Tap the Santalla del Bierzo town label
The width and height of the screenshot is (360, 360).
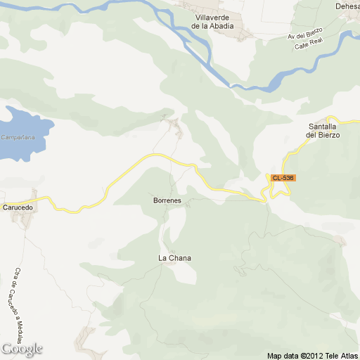pyautogui.click(x=324, y=131)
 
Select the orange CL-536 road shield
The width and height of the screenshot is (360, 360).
pyautogui.click(x=282, y=178)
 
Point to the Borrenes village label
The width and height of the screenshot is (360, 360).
pyautogui.click(x=167, y=201)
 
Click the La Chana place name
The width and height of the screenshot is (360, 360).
pyautogui.click(x=174, y=258)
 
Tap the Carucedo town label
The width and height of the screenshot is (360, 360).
pyautogui.click(x=18, y=208)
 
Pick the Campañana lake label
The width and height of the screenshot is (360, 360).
pyautogui.click(x=18, y=137)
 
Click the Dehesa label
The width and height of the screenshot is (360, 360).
pyautogui.click(x=347, y=6)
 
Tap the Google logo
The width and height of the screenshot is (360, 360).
pyautogui.click(x=22, y=349)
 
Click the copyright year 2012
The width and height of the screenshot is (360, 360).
pyautogui.click(x=313, y=354)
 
